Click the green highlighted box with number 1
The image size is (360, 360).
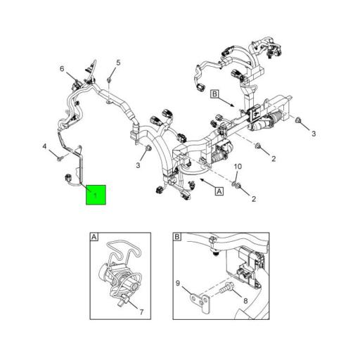(96, 194)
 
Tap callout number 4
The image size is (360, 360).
(44, 146)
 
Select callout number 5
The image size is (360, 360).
(117, 63)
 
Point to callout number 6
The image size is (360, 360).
(62, 68)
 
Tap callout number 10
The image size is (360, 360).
(237, 167)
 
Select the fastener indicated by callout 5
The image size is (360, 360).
(110, 80)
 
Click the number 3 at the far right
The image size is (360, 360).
(314, 133)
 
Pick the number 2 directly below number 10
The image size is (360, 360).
(254, 199)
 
